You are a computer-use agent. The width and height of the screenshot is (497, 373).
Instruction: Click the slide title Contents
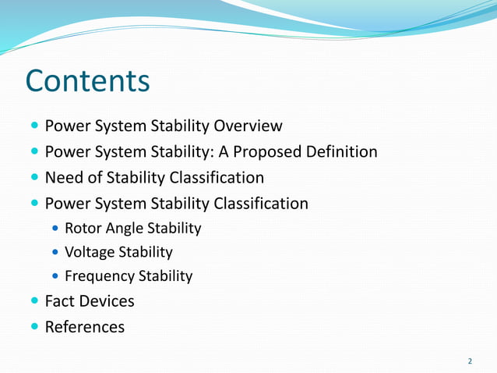[x=87, y=81]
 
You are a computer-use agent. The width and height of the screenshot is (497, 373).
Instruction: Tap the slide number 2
[x=470, y=361]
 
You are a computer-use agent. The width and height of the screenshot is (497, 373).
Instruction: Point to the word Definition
[x=342, y=151]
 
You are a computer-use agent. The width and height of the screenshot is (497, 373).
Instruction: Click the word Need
[x=64, y=177]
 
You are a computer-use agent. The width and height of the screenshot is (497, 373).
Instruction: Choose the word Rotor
[x=82, y=229]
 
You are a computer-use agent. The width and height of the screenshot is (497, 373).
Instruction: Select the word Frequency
[x=99, y=276]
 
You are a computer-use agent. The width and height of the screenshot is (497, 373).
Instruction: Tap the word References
[x=85, y=327]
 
